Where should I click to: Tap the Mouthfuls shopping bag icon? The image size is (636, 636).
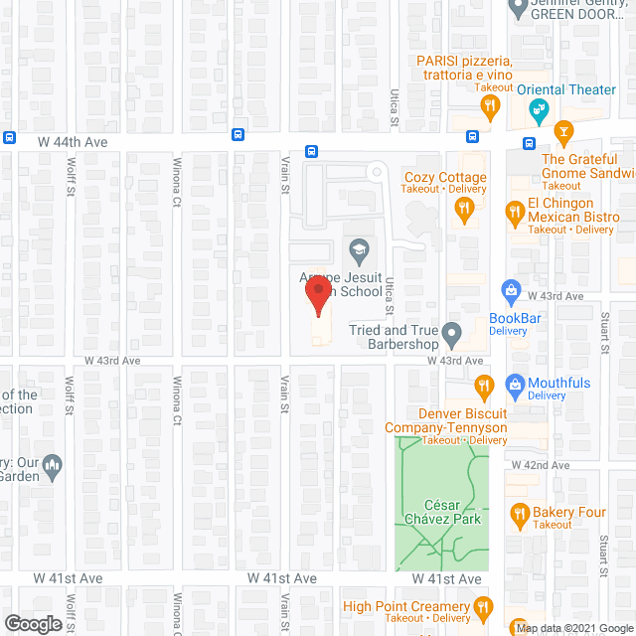click(x=515, y=383)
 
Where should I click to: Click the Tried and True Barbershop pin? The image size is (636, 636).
click(x=452, y=333)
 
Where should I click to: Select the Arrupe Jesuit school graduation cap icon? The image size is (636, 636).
click(x=358, y=248)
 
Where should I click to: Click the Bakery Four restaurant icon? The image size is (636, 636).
click(x=519, y=514)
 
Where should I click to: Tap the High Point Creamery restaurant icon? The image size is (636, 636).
click(x=482, y=607)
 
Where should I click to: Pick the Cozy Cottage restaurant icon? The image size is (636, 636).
click(x=463, y=207)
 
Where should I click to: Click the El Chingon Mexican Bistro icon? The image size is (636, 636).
click(x=515, y=211)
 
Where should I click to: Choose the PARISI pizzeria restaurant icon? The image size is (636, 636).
click(x=489, y=104)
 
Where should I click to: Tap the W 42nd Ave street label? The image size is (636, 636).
click(x=540, y=465)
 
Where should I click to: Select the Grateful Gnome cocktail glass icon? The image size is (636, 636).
click(x=563, y=131)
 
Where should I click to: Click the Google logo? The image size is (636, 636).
click(x=32, y=623)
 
